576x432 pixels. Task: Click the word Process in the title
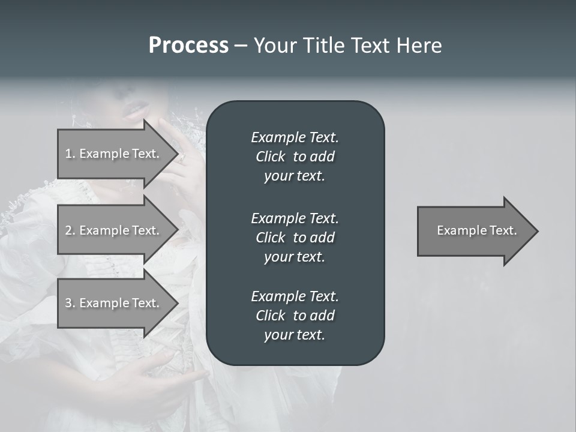click(188, 46)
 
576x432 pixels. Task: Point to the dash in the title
click(241, 46)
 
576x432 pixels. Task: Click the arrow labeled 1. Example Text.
click(114, 154)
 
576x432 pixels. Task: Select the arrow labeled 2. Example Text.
click(114, 230)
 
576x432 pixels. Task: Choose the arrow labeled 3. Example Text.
click(114, 303)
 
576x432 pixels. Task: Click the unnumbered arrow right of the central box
click(474, 230)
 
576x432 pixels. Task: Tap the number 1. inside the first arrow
click(70, 154)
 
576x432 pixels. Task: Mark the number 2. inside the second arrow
click(70, 230)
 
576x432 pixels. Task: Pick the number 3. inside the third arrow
click(70, 303)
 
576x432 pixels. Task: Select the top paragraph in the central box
click(295, 157)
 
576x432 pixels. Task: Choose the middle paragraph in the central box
click(295, 238)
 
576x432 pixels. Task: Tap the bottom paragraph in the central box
click(295, 316)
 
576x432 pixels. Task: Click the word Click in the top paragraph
click(270, 157)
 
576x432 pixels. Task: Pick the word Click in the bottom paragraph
click(270, 316)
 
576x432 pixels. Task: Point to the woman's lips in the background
click(135, 110)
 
